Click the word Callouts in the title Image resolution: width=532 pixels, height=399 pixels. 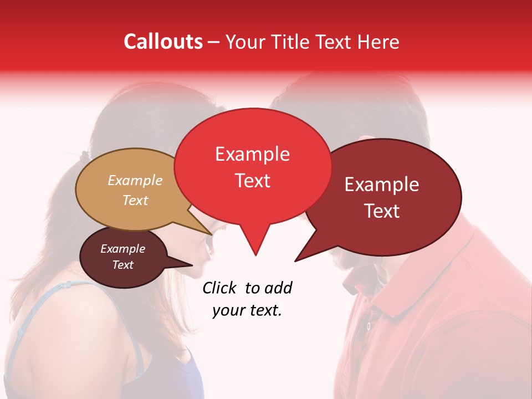coord(163,42)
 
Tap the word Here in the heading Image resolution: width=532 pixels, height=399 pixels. coord(377,42)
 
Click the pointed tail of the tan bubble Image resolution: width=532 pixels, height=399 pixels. coord(202,224)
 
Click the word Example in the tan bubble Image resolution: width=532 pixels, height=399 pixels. coord(135,181)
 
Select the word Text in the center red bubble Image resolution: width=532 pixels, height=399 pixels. coord(252,181)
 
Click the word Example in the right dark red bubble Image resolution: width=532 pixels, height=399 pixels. coord(381,185)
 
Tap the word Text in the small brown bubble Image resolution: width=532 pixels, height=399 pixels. coord(123,265)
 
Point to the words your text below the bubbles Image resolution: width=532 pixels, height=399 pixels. coord(247,311)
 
